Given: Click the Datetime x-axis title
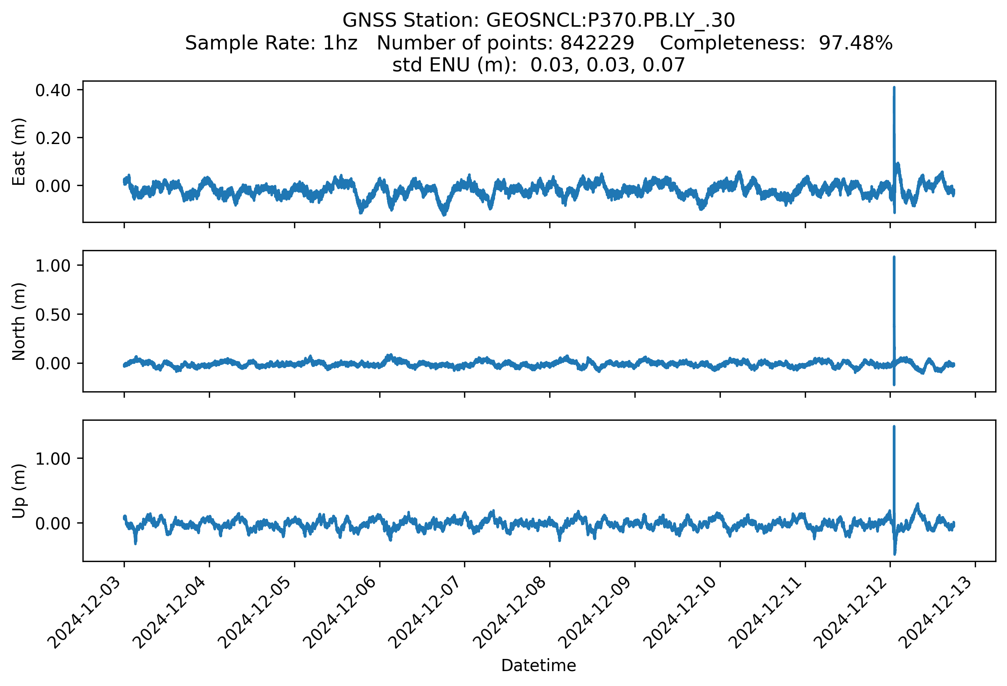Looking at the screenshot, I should pyautogui.click(x=539, y=666).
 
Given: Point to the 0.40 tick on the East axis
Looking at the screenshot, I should pyautogui.click(x=53, y=90).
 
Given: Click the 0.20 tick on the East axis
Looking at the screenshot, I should pyautogui.click(x=53, y=138).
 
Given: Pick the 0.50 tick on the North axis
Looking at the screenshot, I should pyautogui.click(x=53, y=315).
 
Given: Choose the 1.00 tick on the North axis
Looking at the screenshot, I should pyautogui.click(x=53, y=265).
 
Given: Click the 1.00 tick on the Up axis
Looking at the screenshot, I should pyautogui.click(x=53, y=459).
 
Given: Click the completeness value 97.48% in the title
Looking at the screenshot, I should pyautogui.click(x=856, y=43).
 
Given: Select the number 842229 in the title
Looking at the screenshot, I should pyautogui.click(x=597, y=43).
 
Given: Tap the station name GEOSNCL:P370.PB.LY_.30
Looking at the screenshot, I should pyautogui.click(x=610, y=20).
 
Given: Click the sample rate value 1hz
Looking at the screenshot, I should pyautogui.click(x=340, y=43).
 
